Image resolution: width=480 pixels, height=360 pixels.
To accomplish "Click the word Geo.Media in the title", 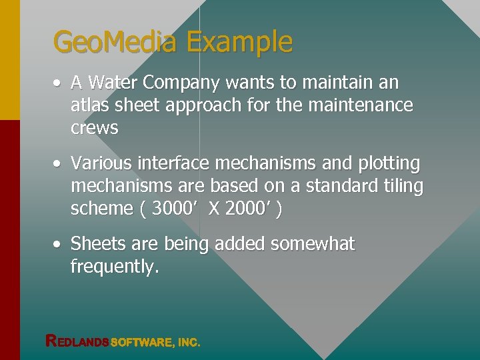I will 115,43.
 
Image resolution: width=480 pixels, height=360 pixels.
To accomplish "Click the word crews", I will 94,128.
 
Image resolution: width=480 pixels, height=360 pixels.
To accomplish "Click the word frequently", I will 115,267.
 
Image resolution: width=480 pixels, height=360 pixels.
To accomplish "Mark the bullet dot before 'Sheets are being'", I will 59,245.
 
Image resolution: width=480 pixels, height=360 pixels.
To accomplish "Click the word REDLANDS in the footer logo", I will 77,341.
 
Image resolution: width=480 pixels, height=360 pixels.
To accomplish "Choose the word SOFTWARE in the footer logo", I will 142,342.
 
